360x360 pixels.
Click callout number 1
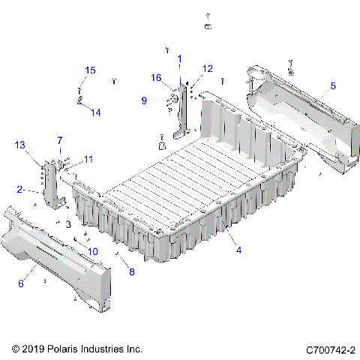[x=179, y=58]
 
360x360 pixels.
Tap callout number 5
[x=333, y=86]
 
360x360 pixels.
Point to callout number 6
[x=21, y=283]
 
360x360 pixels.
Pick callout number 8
[x=132, y=272]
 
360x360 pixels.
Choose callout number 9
[x=144, y=99]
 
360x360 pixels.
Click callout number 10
[x=93, y=251]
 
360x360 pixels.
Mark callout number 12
[x=208, y=68]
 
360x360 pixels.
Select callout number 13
[x=19, y=144]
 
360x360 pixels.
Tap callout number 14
[x=96, y=112]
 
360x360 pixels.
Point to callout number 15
[x=90, y=70]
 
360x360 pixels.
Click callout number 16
[x=157, y=77]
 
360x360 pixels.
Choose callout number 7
[x=61, y=140]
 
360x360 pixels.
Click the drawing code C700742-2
[x=330, y=349]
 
